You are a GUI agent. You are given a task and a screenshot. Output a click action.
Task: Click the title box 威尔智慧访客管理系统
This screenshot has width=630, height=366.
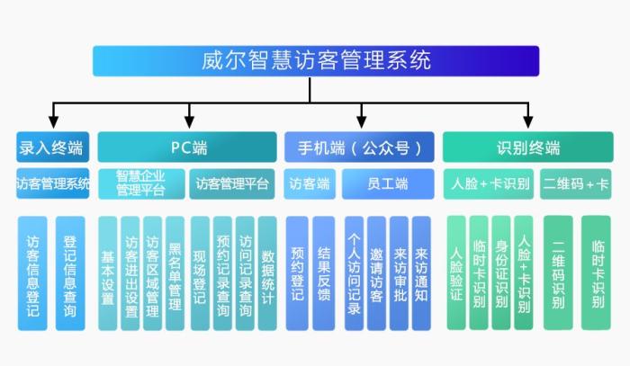coord(316,61)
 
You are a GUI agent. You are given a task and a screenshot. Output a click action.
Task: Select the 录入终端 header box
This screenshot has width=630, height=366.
coord(53,147)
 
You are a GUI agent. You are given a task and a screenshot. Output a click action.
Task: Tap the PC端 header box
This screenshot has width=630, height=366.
coord(187,147)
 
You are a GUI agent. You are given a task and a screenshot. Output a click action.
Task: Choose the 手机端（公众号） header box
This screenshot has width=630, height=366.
coord(359,147)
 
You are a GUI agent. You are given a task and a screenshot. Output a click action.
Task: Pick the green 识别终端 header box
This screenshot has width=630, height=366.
coord(527,147)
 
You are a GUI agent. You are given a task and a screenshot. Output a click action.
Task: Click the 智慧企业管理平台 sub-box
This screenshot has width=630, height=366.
coord(141,183)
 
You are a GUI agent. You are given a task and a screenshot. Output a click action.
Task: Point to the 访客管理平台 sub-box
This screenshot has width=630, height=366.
coord(232,183)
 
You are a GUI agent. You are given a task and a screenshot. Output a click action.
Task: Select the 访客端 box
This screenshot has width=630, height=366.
coord(309,183)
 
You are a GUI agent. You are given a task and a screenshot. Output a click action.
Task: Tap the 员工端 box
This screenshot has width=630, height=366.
coord(387,183)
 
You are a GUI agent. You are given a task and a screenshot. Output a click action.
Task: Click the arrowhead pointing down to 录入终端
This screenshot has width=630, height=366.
coord(53,121)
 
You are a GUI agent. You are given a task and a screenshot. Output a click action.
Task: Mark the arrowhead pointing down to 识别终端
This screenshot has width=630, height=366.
coord(527,121)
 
